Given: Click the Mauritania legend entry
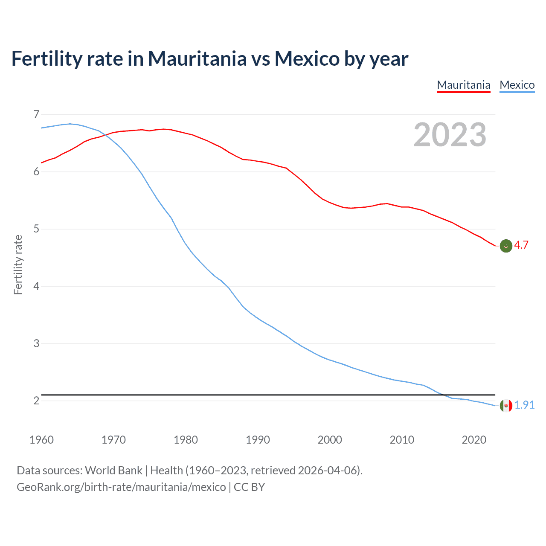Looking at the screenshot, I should coord(464,85).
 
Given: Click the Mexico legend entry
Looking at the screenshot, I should coord(517,85).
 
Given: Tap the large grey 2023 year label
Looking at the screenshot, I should coord(450,135).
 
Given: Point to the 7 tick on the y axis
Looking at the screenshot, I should coord(36,114).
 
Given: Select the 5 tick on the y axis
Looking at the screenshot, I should coord(36,229).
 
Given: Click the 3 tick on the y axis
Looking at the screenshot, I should coord(36,343).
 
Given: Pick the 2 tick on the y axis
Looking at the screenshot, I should coord(36,401).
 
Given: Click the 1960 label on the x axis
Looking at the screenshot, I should coord(41,440).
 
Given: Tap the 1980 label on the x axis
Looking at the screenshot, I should coord(186,440).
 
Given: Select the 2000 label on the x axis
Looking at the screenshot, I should coord(330,440).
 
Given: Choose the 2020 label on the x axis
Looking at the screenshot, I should coord(474,440).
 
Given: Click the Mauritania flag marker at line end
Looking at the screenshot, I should coord(506,246).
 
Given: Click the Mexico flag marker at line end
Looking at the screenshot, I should coord(506,406).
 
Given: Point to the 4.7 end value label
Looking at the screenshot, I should coord(521,245).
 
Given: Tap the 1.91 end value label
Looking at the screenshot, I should coord(524,405).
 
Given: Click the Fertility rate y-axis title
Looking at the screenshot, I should coord(18,264).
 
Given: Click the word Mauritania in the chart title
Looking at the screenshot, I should coord(197,59).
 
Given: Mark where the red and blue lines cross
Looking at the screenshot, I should coord(105,135).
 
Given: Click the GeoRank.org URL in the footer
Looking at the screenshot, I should coord(121,487).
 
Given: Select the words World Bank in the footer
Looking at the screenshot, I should coord(113,470).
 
